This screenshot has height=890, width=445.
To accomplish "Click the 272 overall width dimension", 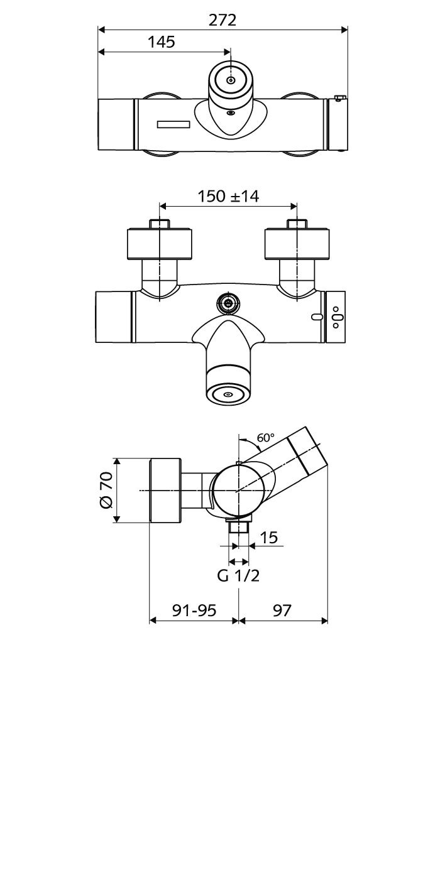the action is coord(222,20).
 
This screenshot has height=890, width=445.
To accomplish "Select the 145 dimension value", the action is coord(162,41).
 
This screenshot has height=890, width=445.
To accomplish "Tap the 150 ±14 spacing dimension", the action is coord(228,196).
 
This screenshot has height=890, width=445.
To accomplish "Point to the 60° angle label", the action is coord(266,438).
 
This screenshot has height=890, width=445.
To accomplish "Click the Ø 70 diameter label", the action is coord(106,490).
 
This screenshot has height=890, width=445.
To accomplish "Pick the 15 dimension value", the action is coord(269,538).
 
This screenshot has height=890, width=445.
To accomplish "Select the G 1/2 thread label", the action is coord(238,576).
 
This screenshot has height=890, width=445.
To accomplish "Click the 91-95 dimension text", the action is coord(194,611).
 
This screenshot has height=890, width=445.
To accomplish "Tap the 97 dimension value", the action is coord(282,611).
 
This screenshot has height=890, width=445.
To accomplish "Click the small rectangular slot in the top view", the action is coord(174,124).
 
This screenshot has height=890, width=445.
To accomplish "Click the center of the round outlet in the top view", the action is coord(230,80).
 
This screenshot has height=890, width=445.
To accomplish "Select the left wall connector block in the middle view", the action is coord(160,244).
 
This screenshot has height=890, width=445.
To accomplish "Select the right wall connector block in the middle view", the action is coord(297,244).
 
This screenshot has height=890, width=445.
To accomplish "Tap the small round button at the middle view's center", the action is coord(228,304).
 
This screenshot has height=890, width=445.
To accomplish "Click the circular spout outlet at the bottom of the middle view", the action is coord(228,394).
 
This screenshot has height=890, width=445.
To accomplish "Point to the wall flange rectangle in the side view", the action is coord(165,491).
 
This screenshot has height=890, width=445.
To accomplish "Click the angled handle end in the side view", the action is coord(307,450).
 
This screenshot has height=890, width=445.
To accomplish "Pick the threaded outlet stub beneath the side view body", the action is coord(239,526).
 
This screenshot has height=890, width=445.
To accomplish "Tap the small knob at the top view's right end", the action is coord(339,98).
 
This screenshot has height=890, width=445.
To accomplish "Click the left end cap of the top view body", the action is coord(116,124).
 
